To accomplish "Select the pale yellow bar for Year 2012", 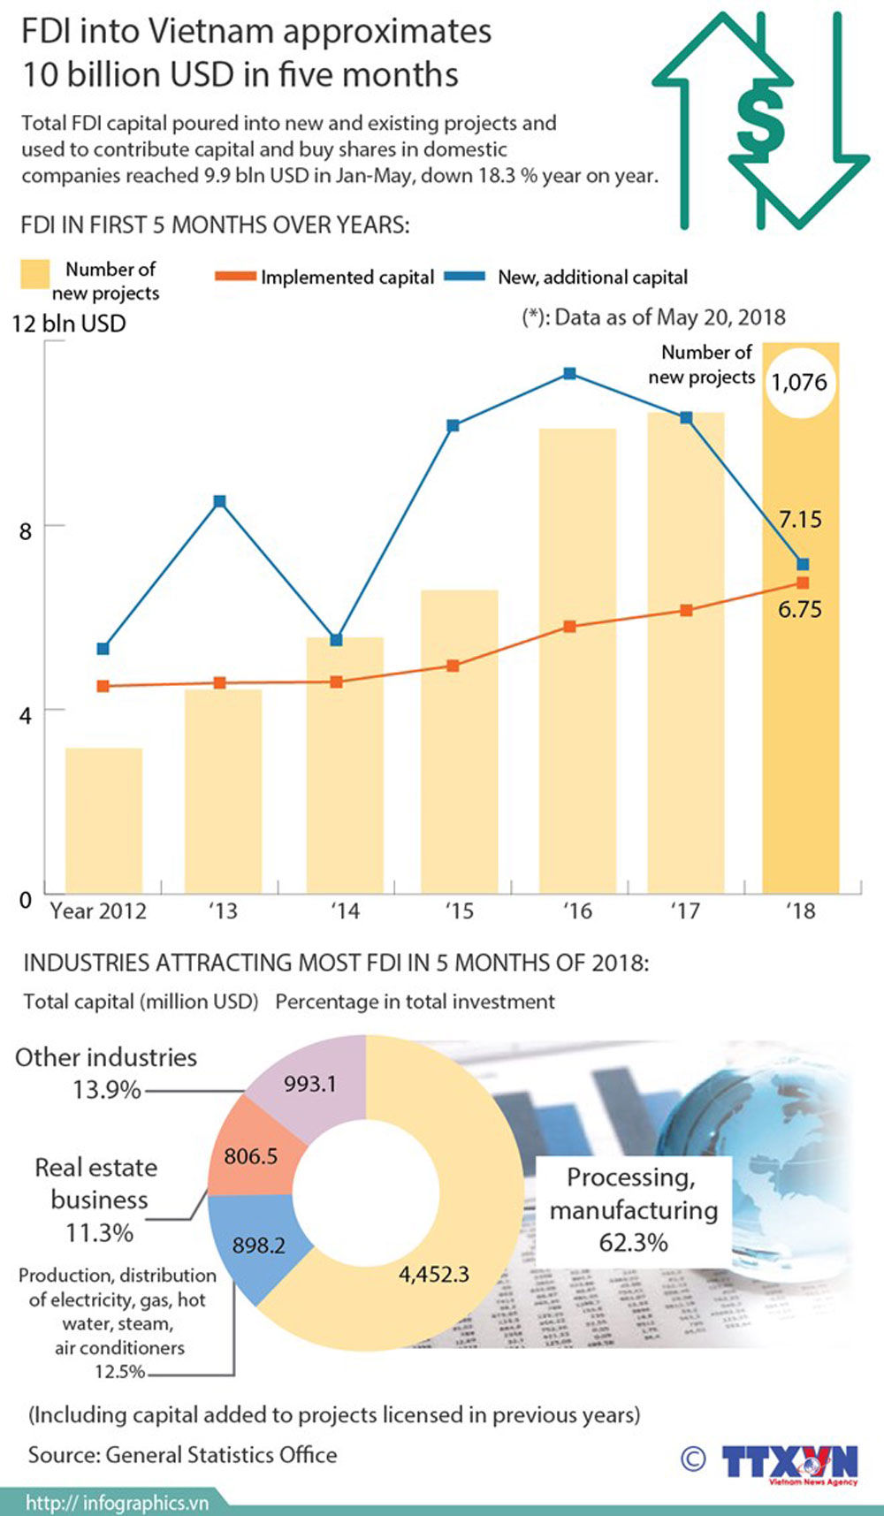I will point(104,820).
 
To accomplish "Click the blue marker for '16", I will point(570,374).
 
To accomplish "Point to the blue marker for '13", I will point(220,502).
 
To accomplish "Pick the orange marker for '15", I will point(453,666).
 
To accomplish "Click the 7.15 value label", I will point(800,519).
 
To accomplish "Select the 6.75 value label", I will point(800,609).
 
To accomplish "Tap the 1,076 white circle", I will point(800,382).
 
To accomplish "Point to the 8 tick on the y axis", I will point(26,530).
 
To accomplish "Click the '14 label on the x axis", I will point(345,910).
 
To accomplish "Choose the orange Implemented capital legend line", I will point(235,277).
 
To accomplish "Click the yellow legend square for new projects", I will point(35,274).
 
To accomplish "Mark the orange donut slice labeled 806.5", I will point(250,1156).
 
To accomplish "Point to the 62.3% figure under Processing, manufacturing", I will point(633,1243).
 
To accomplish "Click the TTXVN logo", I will point(789,1462).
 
